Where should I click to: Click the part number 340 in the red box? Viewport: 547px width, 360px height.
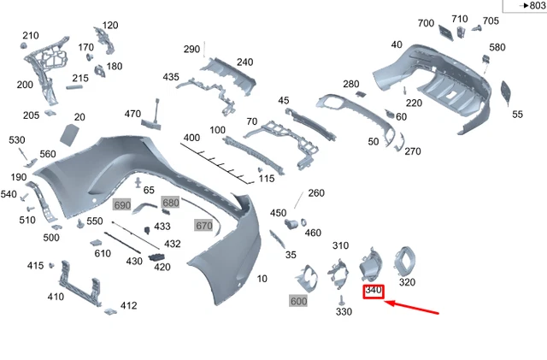coord(373,292)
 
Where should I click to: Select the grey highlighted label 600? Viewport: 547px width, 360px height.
coord(298,301)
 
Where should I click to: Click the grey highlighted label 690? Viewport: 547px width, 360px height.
coord(122,205)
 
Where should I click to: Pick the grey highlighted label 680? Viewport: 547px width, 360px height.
coord(171,203)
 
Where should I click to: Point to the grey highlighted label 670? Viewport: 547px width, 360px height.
coord(203,226)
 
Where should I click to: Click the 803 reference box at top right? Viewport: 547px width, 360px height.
coord(523,6)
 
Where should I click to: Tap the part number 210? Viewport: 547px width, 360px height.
coord(31,35)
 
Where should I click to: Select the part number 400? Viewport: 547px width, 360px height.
coord(191,138)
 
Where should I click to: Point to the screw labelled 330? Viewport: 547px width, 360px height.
coord(341,300)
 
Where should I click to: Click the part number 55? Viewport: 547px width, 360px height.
coord(517,114)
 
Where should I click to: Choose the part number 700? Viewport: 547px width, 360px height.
coord(426,23)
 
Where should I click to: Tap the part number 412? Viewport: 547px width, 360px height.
coord(128,305)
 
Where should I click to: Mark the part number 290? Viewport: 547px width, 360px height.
coord(191,49)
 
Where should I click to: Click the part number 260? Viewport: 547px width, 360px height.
coord(316,193)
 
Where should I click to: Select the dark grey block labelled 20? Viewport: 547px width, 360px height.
coord(68,133)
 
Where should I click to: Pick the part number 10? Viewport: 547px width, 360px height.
coord(262,279)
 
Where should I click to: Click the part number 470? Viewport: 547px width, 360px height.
coord(132,114)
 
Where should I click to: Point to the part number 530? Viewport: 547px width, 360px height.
coord(17,139)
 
